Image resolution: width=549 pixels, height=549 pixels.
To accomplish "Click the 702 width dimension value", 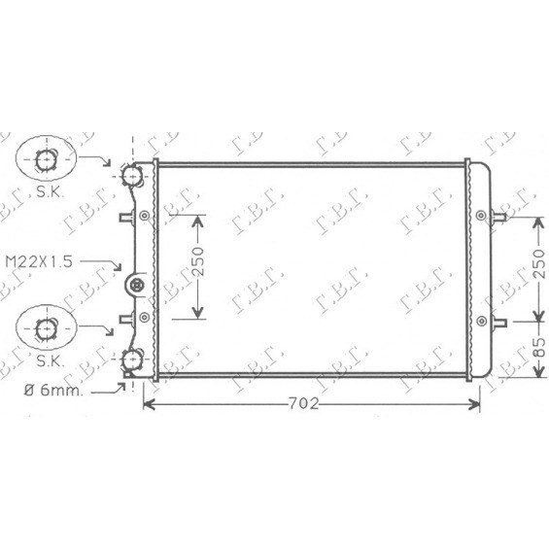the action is (x=303, y=403).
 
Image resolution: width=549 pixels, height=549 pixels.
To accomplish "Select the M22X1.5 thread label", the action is (x=39, y=261).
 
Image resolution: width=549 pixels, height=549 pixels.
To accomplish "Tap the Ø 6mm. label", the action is (x=53, y=390).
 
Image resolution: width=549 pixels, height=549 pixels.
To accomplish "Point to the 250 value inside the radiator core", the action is (x=198, y=261).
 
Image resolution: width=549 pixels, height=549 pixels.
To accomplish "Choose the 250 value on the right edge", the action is (x=539, y=263).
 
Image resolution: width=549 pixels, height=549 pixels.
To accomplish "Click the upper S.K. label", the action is (x=49, y=191).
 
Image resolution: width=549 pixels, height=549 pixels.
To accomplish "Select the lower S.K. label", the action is (x=49, y=360).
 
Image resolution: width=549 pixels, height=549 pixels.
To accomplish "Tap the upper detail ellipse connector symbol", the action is (x=46, y=159).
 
